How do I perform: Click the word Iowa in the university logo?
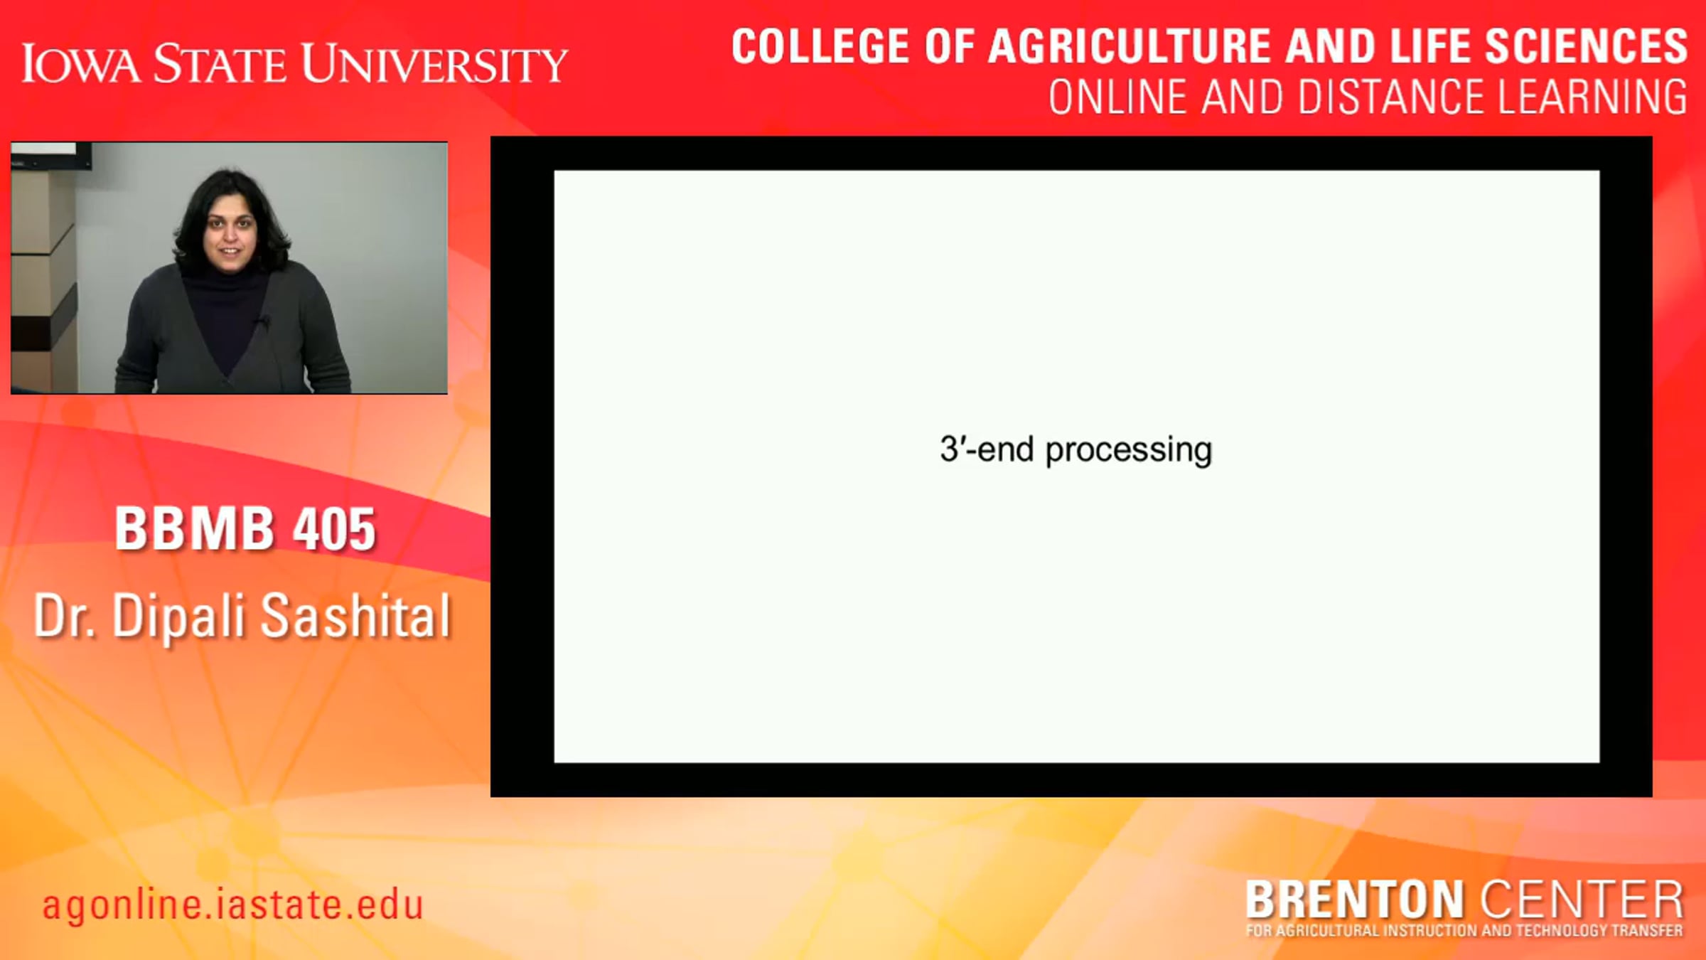(x=81, y=63)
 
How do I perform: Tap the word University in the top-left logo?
(x=434, y=63)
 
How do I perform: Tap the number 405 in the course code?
(x=335, y=529)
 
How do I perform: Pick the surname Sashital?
(x=356, y=616)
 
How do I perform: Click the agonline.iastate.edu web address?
(x=233, y=905)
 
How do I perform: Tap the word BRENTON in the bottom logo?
(x=1354, y=900)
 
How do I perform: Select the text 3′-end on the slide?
(x=987, y=449)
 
